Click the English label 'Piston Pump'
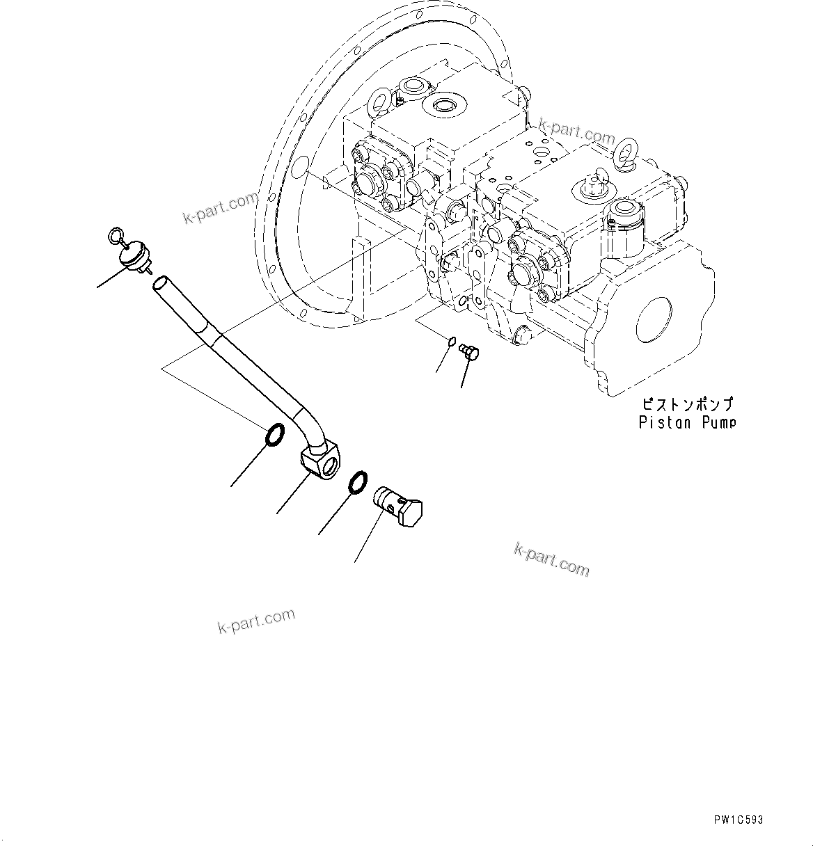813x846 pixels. pyautogui.click(x=687, y=422)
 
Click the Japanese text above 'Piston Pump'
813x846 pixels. pyautogui.click(x=687, y=404)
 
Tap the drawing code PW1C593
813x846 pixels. pyautogui.click(x=737, y=820)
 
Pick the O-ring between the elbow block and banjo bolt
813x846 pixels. pyautogui.click(x=357, y=481)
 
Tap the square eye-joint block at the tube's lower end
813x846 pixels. pyautogui.click(x=320, y=463)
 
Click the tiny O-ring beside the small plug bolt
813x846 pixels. pyautogui.click(x=452, y=342)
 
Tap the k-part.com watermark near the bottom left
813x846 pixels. pyautogui.click(x=256, y=621)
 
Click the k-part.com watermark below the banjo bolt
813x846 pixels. pyautogui.click(x=551, y=560)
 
